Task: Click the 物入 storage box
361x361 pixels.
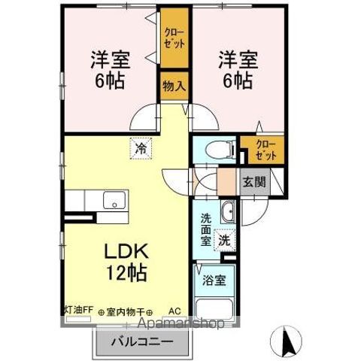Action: click(174, 86)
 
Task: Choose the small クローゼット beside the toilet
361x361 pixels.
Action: click(265, 149)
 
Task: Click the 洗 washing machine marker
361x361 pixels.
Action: click(224, 240)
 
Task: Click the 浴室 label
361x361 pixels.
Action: click(213, 281)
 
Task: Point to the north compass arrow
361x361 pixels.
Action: click(287, 342)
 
